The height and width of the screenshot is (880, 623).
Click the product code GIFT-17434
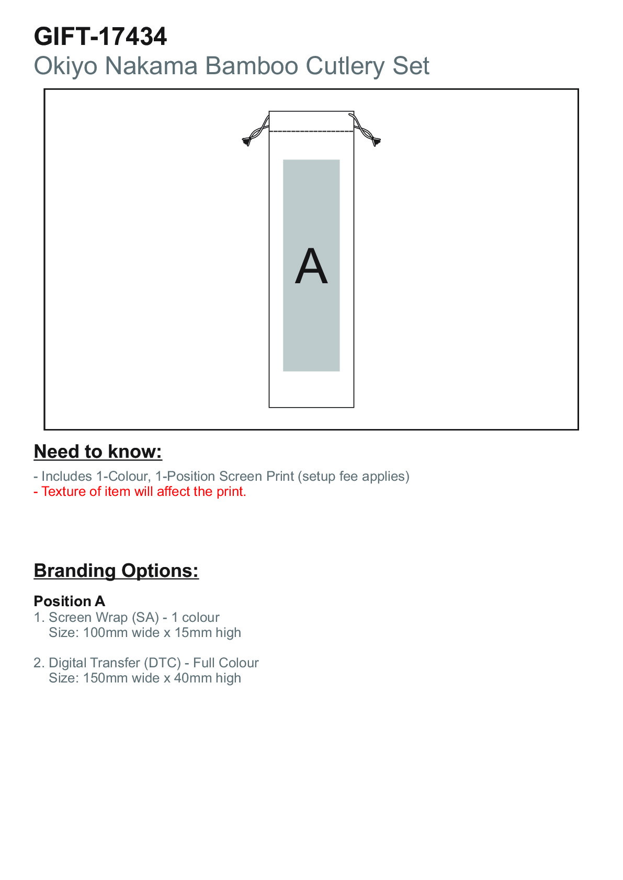[x=100, y=37]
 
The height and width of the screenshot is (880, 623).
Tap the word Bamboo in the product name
[x=251, y=66]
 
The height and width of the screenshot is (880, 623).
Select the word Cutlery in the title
[x=345, y=66]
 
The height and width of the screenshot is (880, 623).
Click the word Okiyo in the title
[x=65, y=66]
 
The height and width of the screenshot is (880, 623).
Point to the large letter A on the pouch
[x=311, y=266]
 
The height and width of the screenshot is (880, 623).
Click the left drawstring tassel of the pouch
[x=246, y=141]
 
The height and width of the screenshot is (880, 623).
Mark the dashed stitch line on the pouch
[x=311, y=131]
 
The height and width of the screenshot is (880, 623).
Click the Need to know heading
[x=98, y=451]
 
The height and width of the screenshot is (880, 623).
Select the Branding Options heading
[x=117, y=571]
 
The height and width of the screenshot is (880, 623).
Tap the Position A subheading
[x=70, y=601]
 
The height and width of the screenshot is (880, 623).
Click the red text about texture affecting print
[x=140, y=491]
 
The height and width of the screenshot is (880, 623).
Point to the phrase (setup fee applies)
[x=354, y=476]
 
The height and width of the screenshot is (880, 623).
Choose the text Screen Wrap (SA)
[x=104, y=618]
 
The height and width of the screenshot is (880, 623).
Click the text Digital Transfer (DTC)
[x=115, y=663]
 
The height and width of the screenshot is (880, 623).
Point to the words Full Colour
[x=226, y=663]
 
